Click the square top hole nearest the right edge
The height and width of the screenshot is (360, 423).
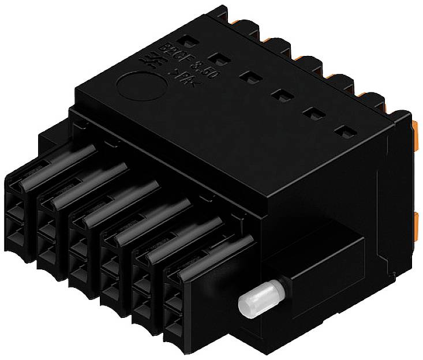point(345,132)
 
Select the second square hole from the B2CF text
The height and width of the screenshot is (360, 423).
point(216,58)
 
